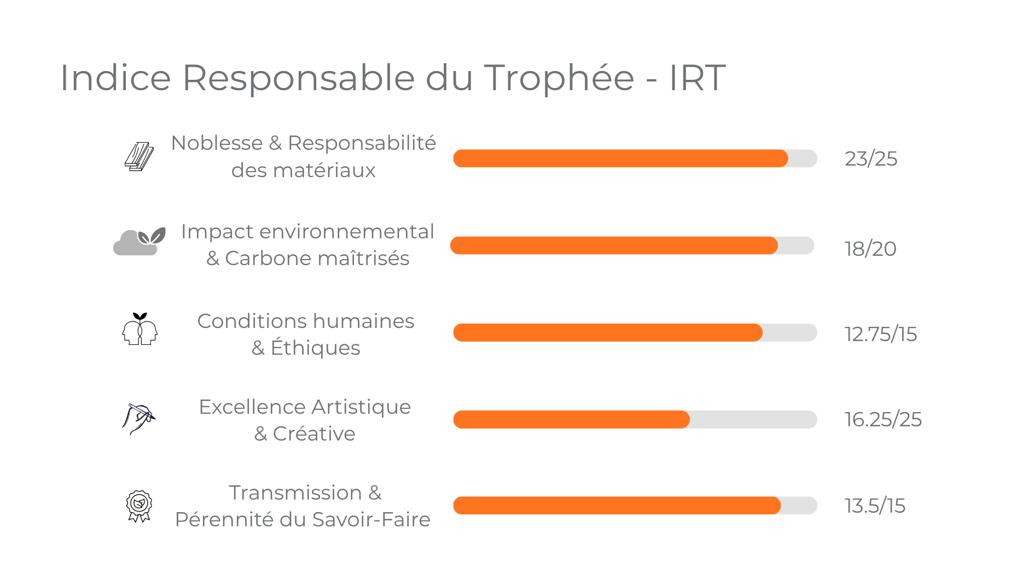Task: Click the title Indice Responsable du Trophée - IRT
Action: click(x=393, y=78)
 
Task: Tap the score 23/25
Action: click(x=870, y=159)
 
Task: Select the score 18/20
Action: click(x=870, y=249)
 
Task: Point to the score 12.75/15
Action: click(x=880, y=334)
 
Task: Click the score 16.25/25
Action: click(x=882, y=420)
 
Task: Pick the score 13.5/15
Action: click(x=874, y=506)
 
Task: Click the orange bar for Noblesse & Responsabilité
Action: click(x=620, y=159)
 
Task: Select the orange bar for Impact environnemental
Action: click(x=613, y=245)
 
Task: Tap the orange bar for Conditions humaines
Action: click(x=607, y=332)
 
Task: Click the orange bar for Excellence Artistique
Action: click(x=571, y=419)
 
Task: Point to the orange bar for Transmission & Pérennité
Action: click(x=617, y=506)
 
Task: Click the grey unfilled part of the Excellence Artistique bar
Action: click(x=753, y=419)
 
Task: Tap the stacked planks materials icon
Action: click(x=139, y=157)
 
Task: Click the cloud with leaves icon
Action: click(x=139, y=242)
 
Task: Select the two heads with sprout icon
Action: click(x=140, y=329)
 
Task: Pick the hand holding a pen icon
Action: click(x=138, y=419)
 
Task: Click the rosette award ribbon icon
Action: click(x=139, y=506)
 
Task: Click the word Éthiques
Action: click(x=315, y=348)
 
